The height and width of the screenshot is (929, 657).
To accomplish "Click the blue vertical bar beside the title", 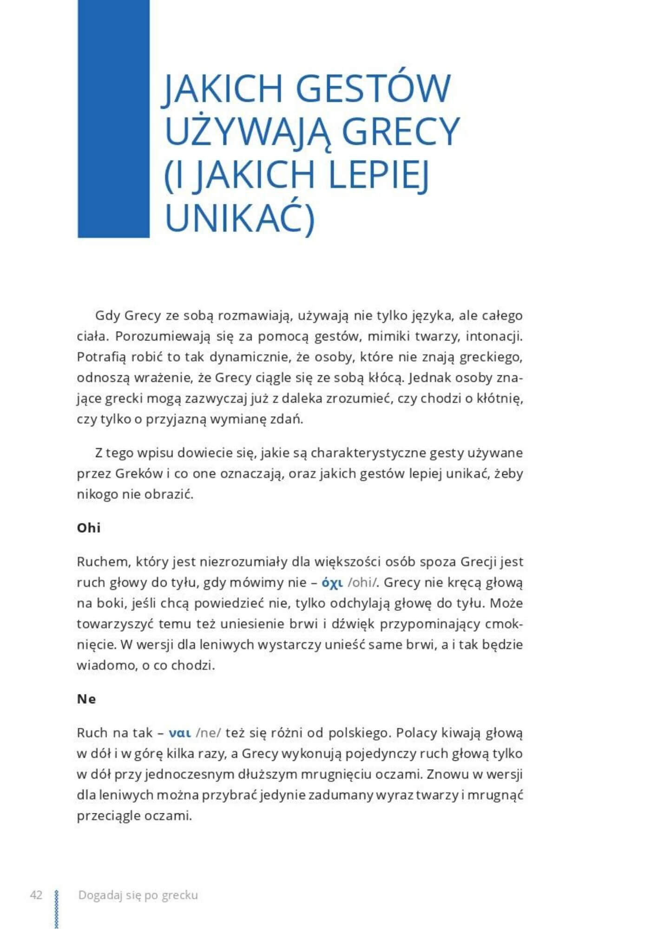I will pos(113,118).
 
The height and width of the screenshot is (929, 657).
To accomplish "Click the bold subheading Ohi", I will pos(89,528).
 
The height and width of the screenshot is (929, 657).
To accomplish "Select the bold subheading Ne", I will pos(86,699).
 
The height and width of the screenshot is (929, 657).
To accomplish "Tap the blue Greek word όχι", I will pos(332,583).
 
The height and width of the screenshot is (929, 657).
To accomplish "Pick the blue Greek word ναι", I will pos(180,733).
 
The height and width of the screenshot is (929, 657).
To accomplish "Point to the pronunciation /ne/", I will pos(209,733).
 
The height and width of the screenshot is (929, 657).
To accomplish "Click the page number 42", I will pos(36,895).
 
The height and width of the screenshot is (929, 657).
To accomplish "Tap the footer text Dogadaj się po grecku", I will pos(138,895).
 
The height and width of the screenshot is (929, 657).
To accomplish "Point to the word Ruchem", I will pos(103,562).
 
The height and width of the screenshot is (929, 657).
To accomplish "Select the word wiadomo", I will pos(105,666).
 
